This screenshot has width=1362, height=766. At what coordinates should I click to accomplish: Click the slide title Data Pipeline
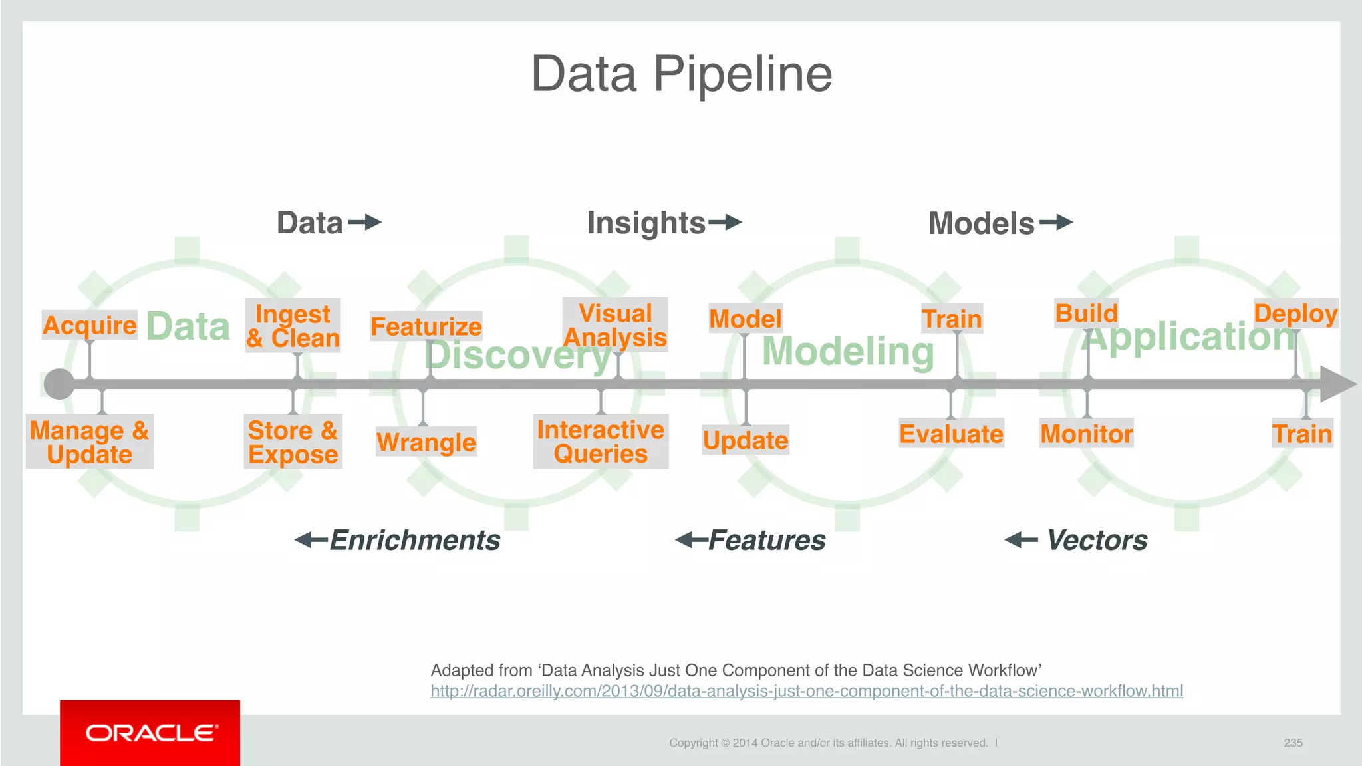681,74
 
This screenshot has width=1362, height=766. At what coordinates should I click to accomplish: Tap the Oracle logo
150,733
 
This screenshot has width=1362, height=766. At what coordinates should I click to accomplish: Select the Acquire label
89,325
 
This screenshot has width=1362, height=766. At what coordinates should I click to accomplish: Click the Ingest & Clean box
293,325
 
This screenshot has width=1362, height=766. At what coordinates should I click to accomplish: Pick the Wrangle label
426,442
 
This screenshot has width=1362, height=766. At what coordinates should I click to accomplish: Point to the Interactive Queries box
601,442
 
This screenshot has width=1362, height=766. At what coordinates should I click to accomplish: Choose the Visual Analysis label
615,324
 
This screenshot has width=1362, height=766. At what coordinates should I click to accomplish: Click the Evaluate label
951,434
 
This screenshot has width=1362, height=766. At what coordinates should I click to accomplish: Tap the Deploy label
1295,313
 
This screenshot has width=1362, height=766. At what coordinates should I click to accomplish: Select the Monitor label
1086,434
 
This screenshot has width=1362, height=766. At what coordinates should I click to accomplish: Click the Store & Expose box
293,442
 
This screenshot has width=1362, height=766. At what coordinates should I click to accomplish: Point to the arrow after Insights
725,222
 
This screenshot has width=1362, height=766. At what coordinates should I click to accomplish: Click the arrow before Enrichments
311,540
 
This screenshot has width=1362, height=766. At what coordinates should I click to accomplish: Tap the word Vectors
1097,540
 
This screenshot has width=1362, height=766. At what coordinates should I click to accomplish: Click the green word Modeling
848,351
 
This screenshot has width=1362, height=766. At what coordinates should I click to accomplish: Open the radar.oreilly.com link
806,691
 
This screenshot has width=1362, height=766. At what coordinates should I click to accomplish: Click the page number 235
1293,743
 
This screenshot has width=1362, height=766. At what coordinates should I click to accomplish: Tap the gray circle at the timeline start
59,384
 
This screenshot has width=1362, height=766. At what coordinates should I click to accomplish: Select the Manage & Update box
90,442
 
